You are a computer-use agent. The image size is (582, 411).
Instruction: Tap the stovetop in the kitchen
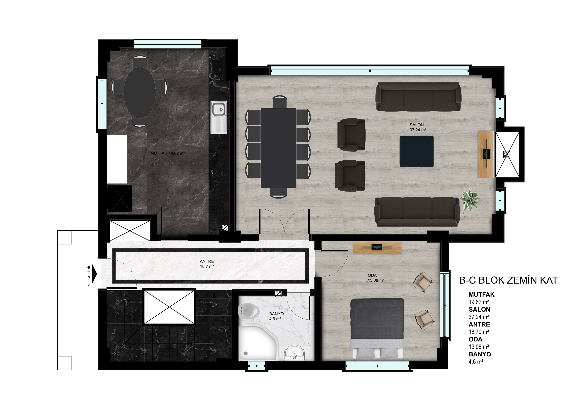tap(218, 178)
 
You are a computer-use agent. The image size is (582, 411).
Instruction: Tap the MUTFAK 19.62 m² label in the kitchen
tap(167, 153)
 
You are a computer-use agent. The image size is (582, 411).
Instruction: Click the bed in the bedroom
tap(377, 328)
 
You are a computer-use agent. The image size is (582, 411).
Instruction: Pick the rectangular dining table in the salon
tap(279, 148)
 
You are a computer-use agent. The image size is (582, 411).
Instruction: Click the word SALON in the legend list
tap(479, 309)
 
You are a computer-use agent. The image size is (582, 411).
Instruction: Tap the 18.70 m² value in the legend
tap(479, 331)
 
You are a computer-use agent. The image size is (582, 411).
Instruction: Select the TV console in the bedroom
tap(377, 247)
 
